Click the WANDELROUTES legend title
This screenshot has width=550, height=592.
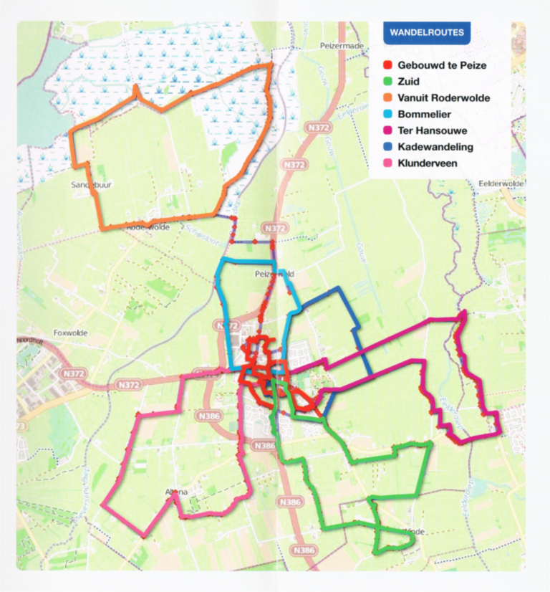click(x=426, y=32)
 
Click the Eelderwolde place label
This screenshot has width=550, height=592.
click(x=501, y=183)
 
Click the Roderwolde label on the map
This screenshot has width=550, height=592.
click(x=148, y=226)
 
